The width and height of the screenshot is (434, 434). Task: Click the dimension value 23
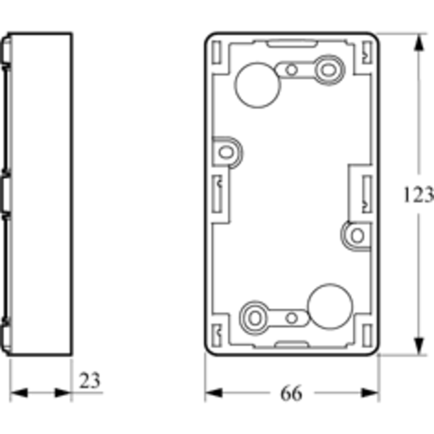coord(90,380)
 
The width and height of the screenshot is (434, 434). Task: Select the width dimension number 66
coord(291,393)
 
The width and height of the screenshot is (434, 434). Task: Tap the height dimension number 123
coord(418,194)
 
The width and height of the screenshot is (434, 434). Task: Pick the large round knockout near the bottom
coord(331,306)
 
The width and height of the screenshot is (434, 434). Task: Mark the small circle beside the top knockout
coord(291,70)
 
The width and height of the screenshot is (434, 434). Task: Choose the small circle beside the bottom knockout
coord(291,317)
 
